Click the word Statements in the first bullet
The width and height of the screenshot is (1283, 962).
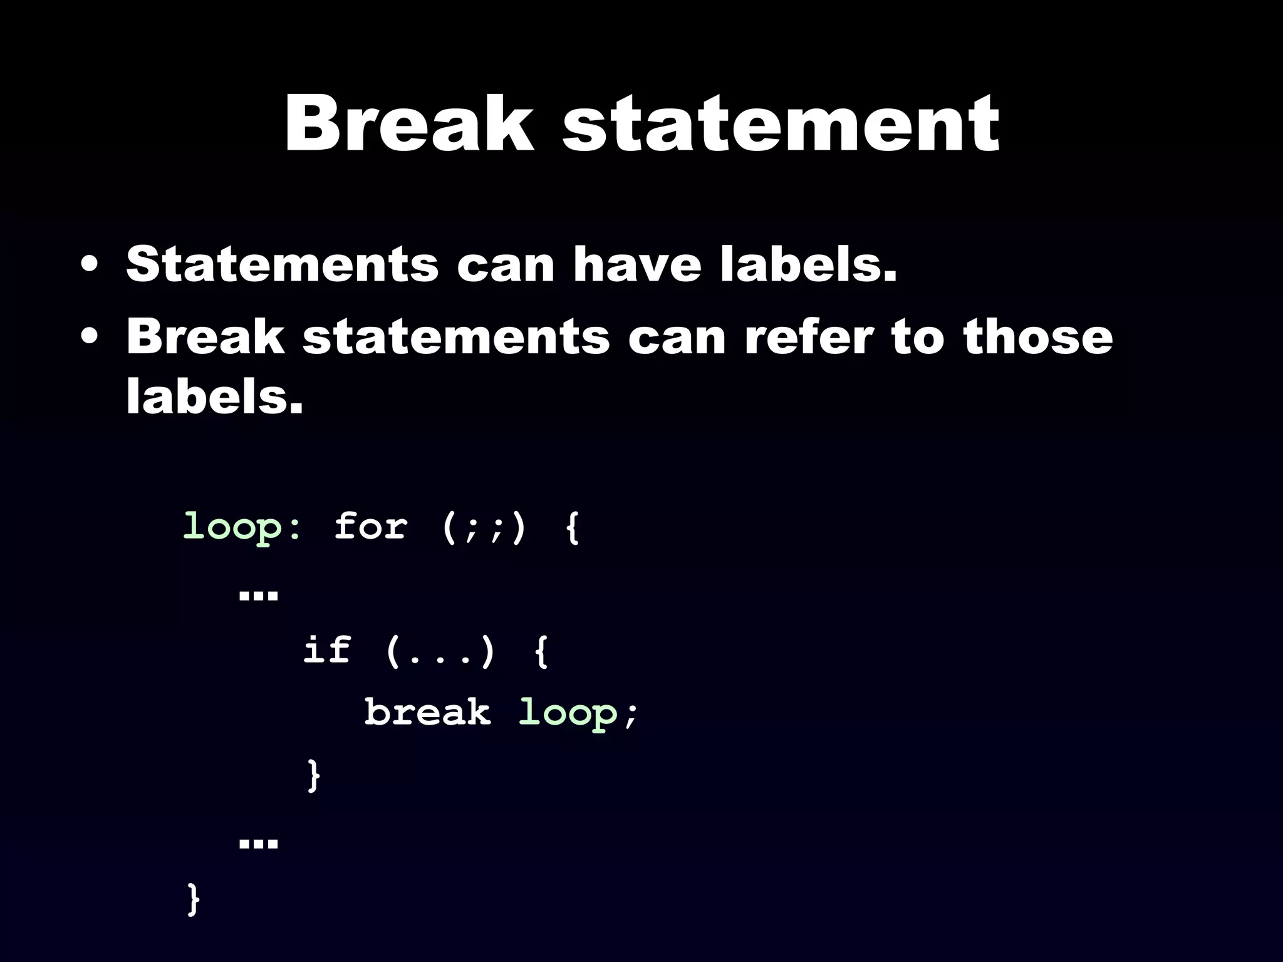tap(282, 264)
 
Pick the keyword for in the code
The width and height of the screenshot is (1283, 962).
tap(370, 526)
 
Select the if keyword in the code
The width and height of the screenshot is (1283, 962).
tap(326, 650)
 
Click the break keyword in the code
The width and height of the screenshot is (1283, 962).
tap(428, 713)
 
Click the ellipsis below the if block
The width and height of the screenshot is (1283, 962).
tap(258, 843)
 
